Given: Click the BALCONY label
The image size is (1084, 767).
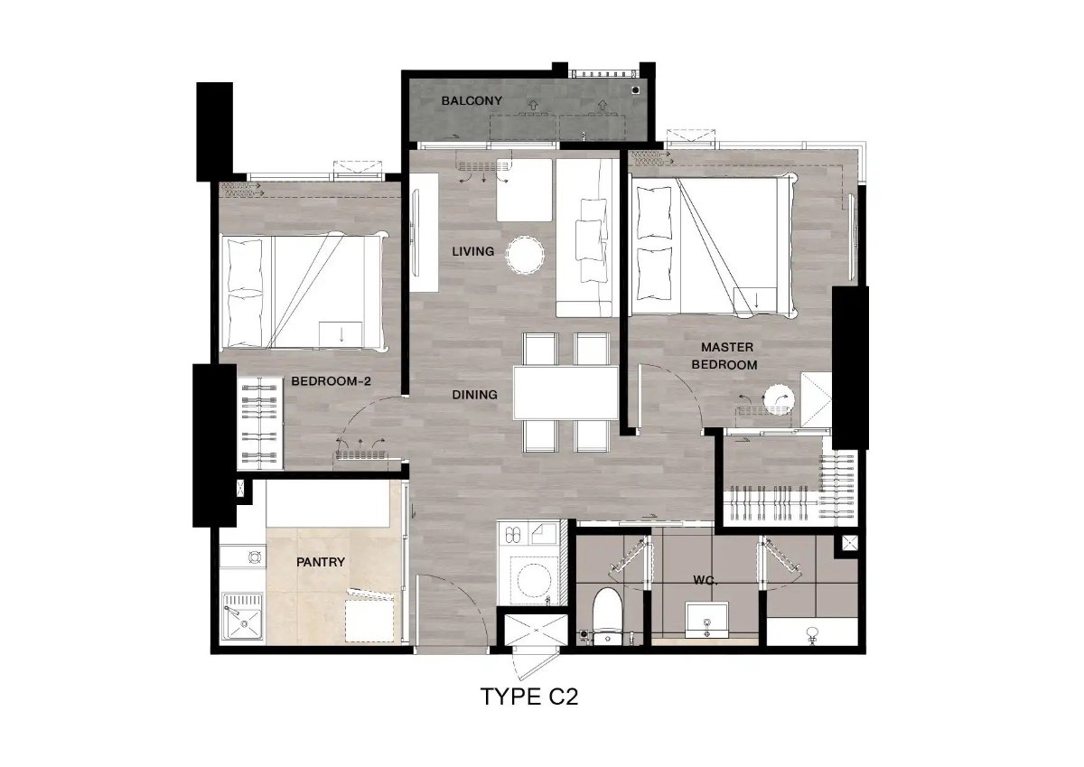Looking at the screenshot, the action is coord(472,100).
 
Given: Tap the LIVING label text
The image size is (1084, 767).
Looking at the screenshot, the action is coord(472,251).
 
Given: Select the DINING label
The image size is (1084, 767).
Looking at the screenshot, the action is coord(474,395).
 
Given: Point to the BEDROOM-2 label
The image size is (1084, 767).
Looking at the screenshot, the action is coord(331,381).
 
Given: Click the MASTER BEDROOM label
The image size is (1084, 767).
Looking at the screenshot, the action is coord(724,356).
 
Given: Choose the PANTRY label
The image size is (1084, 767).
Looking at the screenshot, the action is coord(321,562).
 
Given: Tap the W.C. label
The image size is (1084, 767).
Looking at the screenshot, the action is coord(706,581).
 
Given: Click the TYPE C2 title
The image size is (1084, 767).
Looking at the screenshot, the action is coord(529,697).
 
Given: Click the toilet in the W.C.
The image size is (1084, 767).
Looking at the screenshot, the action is coord(607,616).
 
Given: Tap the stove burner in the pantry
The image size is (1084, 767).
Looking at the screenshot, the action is coord(255,557).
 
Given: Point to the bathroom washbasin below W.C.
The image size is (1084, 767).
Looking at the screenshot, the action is coord(707,621).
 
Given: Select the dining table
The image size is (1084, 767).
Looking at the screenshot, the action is coord(565,393).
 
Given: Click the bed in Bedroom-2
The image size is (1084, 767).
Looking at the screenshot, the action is coord(304,292).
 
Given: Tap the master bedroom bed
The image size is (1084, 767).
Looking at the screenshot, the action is coord(714,246).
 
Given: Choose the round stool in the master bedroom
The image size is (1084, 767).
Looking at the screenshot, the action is coord(778,399).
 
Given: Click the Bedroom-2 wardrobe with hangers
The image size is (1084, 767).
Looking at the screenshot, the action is coord(260,424).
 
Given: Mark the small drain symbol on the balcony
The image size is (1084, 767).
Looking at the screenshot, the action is coord(636,89).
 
